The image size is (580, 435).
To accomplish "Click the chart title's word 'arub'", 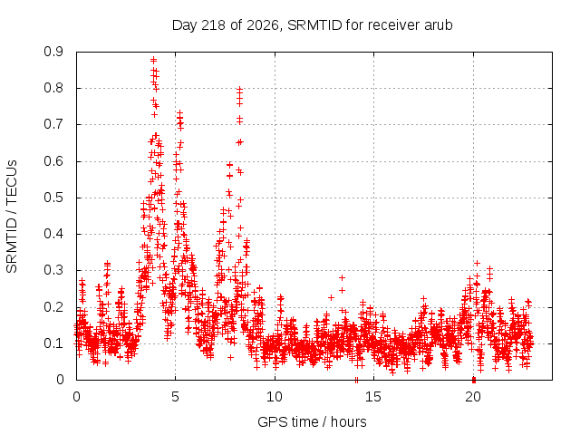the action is point(439,25).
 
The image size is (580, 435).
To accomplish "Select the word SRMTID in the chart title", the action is point(314,25).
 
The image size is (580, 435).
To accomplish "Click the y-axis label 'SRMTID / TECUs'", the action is point(12,217).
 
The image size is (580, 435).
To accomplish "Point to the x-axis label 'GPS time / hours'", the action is point(312,421).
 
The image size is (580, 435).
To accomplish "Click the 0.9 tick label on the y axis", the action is point(53,52).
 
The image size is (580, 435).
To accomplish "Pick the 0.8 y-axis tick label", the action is point(53,88).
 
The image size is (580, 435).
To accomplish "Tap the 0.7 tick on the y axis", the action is point(53,125).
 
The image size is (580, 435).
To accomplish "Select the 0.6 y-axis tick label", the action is point(53,161).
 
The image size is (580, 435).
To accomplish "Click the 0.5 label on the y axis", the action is point(53,198).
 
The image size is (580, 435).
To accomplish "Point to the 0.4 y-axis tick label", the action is point(53,234).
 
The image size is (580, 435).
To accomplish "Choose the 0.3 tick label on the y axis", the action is point(53,270).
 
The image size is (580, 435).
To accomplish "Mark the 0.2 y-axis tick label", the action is point(53,307).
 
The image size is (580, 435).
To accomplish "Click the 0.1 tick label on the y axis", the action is point(53,343).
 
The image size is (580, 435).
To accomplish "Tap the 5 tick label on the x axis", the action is point(175,397).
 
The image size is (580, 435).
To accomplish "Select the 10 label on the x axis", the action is point(275,397).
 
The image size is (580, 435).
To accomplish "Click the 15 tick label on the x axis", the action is point(373,397).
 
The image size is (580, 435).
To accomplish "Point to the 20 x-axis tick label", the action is point(473,397).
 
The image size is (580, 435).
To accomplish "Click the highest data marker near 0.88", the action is point(153,60).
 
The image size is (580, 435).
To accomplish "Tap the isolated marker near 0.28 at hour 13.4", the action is point(343,277).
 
